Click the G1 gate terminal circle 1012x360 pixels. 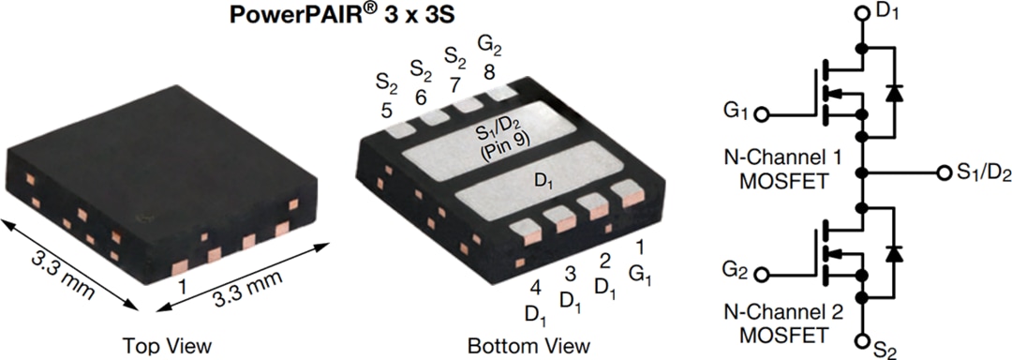tap(763, 114)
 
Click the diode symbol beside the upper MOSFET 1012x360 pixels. tap(894, 92)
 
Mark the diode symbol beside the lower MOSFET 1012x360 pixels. tap(894, 252)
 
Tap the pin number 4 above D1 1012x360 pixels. tap(534, 288)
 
